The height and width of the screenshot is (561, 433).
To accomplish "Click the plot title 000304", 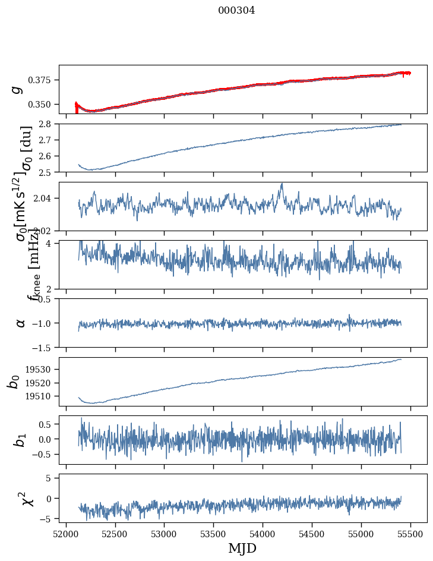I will pyautogui.click(x=236, y=11).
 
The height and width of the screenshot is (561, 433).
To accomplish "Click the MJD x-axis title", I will pyautogui.click(x=242, y=549).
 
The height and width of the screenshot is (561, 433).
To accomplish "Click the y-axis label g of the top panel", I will pyautogui.click(x=18, y=89).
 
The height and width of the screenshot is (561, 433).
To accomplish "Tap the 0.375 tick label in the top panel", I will pyautogui.click(x=43, y=80).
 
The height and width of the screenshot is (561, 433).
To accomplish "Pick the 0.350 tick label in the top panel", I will pyautogui.click(x=43, y=104).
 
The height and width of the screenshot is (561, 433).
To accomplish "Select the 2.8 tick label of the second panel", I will pyautogui.click(x=49, y=124).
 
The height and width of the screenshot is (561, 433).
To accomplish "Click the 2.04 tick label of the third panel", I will pyautogui.click(x=45, y=198).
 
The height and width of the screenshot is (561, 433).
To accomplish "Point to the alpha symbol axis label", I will pyautogui.click(x=21, y=323).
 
